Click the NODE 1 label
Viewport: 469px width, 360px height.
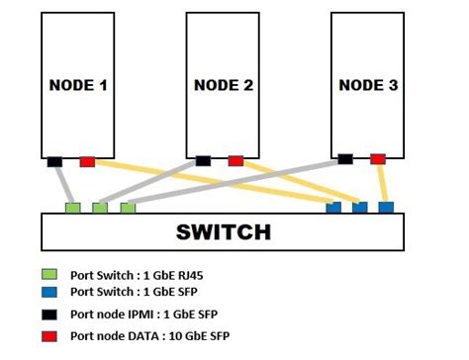[78, 85]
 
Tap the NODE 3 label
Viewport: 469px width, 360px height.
[368, 85]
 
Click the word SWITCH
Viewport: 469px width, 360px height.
[223, 232]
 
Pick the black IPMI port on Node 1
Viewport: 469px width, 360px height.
[54, 161]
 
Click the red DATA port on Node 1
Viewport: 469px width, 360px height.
[87, 161]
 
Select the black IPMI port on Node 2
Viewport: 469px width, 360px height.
[203, 160]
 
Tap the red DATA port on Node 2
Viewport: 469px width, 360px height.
[235, 160]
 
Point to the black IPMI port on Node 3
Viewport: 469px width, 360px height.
[344, 158]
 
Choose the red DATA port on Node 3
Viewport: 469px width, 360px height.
[377, 158]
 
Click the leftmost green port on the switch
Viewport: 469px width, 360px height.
[72, 208]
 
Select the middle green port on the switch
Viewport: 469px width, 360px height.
[100, 208]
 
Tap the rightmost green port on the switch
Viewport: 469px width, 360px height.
[127, 208]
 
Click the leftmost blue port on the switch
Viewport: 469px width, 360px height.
[333, 208]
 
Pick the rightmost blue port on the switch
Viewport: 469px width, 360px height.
[386, 208]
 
